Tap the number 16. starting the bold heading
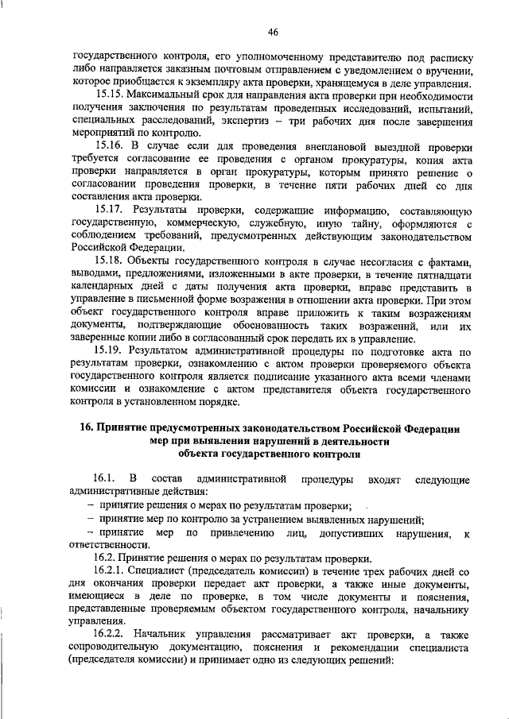(90, 429)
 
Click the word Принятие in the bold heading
(127, 429)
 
